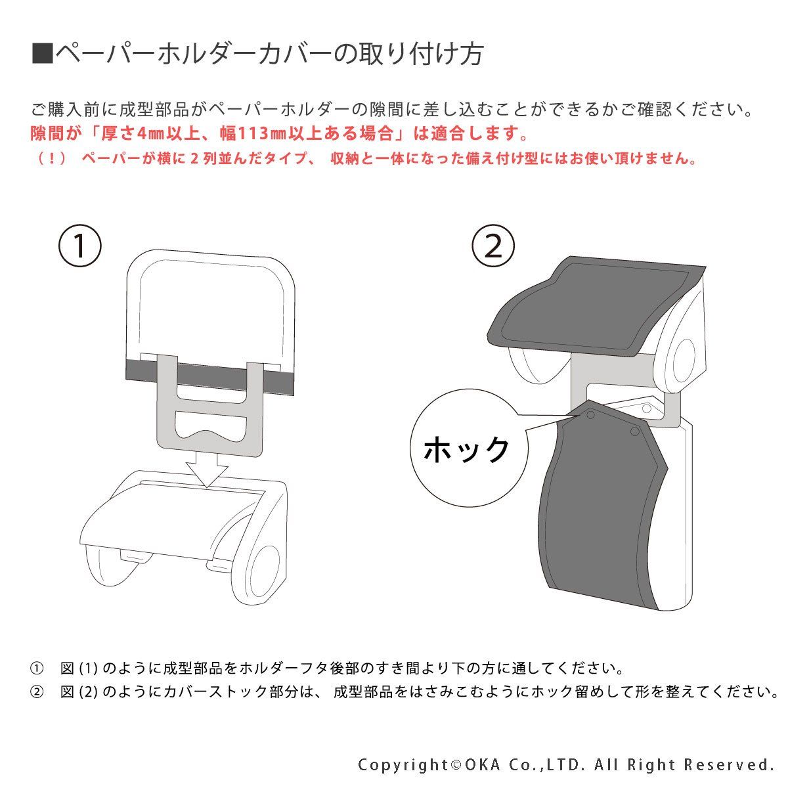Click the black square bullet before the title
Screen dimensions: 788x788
[43, 54]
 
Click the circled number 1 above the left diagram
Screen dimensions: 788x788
[79, 246]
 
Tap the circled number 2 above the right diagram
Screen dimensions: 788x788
[493, 246]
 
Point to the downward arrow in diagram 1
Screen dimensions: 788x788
[206, 470]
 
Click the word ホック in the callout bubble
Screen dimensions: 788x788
[467, 449]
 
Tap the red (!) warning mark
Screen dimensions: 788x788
[51, 158]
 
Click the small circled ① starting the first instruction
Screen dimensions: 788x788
[36, 668]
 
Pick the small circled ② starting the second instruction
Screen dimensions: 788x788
[36, 692]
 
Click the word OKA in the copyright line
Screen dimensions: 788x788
[483, 764]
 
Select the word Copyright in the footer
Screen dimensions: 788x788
[403, 765]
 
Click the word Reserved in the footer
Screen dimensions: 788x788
[729, 764]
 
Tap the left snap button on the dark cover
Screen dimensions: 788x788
[590, 415]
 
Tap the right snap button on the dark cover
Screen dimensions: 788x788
[635, 431]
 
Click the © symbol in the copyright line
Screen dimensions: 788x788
[456, 765]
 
